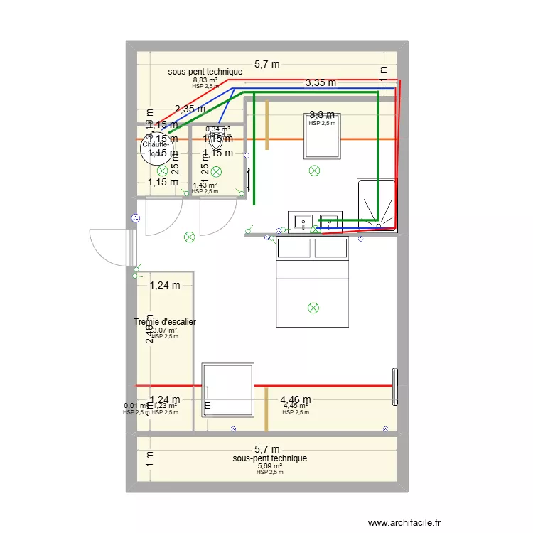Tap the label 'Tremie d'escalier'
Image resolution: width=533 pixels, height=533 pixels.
coord(165,323)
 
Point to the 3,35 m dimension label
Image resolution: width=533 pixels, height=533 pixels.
coord(321,82)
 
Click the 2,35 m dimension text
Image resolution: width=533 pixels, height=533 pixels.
coord(190,109)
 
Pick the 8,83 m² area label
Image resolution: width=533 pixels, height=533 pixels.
coord(205,80)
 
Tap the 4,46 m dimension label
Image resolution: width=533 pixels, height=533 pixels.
coord(295,400)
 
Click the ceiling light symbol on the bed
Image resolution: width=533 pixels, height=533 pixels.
coord(313,308)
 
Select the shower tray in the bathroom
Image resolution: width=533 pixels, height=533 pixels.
coord(376,204)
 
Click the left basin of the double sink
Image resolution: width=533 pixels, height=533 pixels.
coord(301,222)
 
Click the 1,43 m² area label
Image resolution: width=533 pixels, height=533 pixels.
coord(205,185)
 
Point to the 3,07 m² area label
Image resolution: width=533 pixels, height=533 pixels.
coord(165,330)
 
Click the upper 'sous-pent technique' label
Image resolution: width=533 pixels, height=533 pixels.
coord(205,72)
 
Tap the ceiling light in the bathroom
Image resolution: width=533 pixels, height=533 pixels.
coord(314,170)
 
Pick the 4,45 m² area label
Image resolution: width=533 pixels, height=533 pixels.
coord(295,407)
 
